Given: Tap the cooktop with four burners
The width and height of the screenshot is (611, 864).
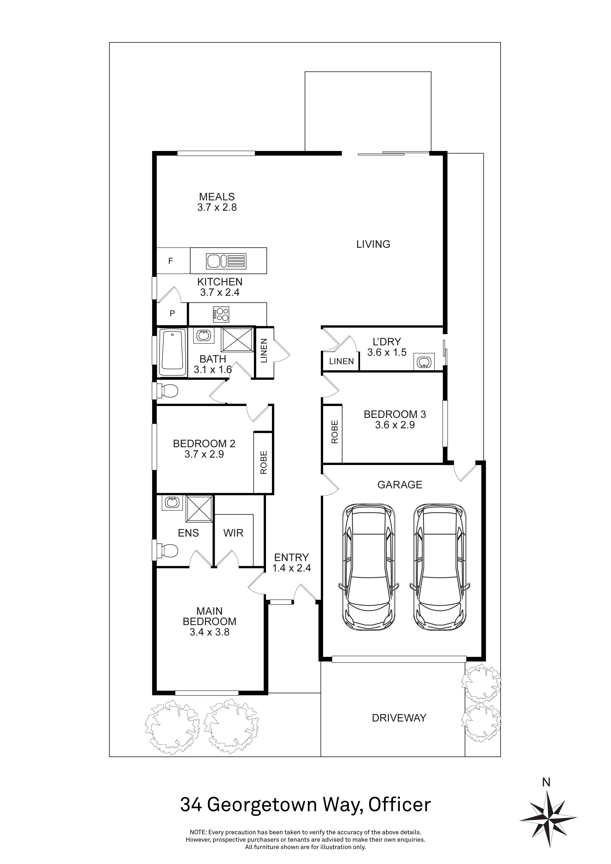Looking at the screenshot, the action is click(221, 314).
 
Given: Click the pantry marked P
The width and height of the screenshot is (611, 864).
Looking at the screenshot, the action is click(172, 314).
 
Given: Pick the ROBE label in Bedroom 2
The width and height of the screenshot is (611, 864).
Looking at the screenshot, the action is click(263, 463).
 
